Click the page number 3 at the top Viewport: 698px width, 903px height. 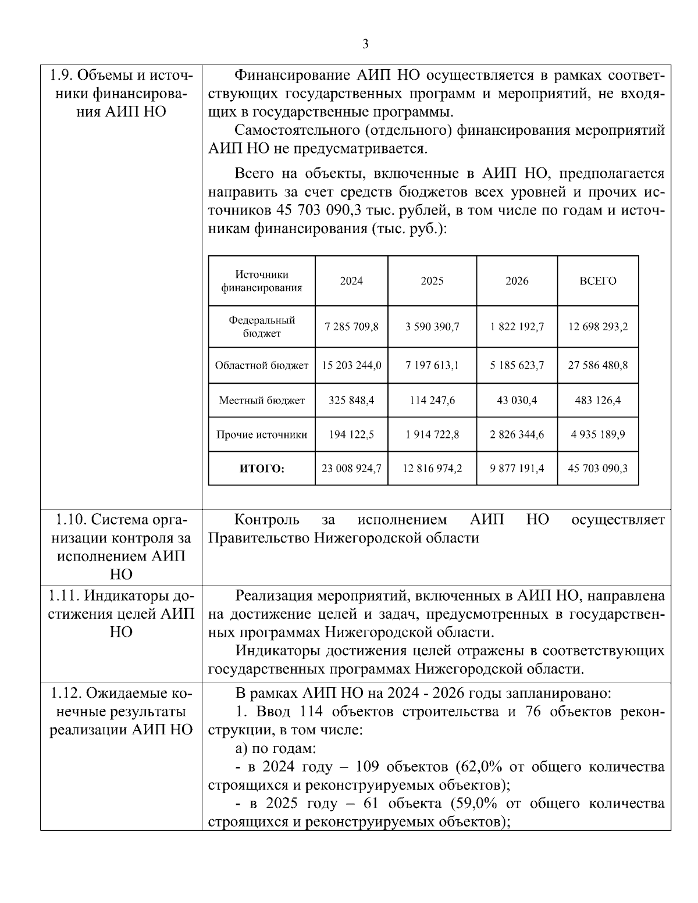(x=365, y=44)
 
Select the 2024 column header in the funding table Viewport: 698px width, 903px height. (x=351, y=281)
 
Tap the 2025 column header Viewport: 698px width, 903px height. (x=432, y=281)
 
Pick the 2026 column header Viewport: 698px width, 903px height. (x=517, y=281)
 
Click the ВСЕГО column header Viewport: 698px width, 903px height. (x=598, y=281)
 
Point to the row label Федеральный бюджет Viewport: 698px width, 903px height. (x=262, y=327)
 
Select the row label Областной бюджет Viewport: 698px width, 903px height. (x=262, y=366)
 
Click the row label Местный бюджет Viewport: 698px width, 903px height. (x=262, y=400)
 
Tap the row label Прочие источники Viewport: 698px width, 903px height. (x=262, y=434)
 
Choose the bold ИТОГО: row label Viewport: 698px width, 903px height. (x=262, y=469)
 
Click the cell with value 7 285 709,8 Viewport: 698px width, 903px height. (x=351, y=327)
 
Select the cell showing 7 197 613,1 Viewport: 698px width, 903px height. (x=432, y=366)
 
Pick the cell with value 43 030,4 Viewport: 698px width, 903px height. (x=517, y=400)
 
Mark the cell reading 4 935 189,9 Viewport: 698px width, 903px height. (x=598, y=434)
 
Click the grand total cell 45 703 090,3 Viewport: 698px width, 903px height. (x=598, y=469)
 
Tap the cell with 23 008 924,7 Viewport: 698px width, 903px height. (x=351, y=469)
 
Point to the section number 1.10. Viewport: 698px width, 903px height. (x=72, y=519)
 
